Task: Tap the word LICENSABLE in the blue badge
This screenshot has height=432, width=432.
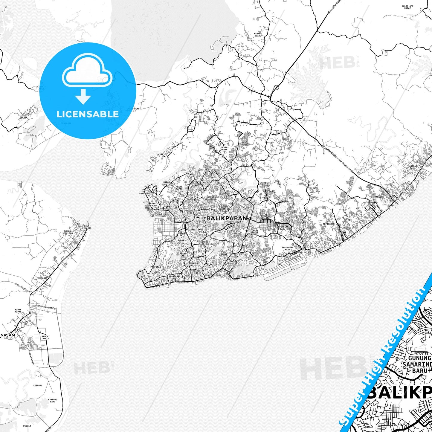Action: (x=88, y=114)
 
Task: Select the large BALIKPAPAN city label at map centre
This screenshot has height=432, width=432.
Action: (x=227, y=219)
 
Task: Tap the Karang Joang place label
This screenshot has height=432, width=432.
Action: (x=258, y=35)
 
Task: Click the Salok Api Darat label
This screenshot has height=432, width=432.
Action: (x=407, y=7)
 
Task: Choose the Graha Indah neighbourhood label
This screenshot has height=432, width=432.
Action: (x=224, y=148)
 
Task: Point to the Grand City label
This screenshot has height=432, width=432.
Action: (x=265, y=183)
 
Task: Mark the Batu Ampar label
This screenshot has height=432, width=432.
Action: (x=204, y=181)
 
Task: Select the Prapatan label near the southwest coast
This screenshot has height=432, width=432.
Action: (x=156, y=267)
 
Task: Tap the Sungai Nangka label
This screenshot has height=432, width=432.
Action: (x=254, y=232)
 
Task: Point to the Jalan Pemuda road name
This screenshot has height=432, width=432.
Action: (x=345, y=212)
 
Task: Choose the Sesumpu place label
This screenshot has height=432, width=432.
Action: (x=38, y=385)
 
